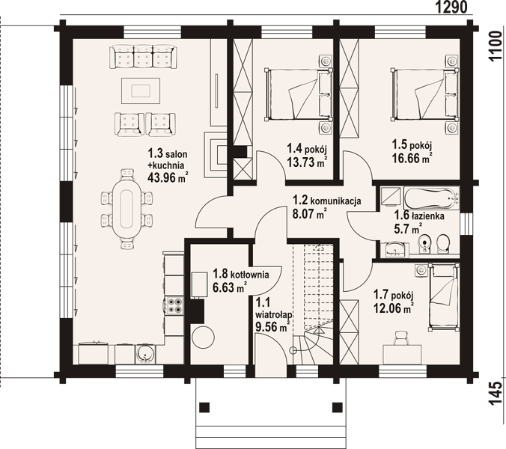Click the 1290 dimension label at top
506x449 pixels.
[x=451, y=7]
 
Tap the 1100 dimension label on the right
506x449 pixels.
[x=496, y=46]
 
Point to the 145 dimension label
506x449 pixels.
[x=496, y=394]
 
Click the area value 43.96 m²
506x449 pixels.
[x=168, y=177]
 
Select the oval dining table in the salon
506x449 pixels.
[x=127, y=209]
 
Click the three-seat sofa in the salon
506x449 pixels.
[x=143, y=57]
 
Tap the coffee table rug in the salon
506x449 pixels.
[x=141, y=91]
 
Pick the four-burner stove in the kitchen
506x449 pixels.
[x=174, y=305]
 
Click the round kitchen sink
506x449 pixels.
[x=145, y=355]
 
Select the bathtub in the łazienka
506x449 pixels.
[x=432, y=198]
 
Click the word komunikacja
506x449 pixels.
[x=335, y=201]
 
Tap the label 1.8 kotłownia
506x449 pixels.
[x=241, y=274]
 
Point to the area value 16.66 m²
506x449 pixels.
[x=412, y=159]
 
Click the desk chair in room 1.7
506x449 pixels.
[x=401, y=338]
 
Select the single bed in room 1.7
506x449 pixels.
[x=444, y=297]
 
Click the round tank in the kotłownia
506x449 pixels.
[x=203, y=337]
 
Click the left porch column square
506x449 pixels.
[x=204, y=407]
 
